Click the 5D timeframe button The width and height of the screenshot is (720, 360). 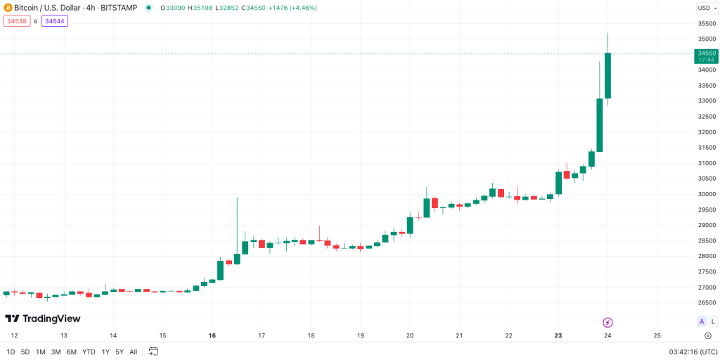[25, 352]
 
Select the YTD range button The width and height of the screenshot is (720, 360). [89, 352]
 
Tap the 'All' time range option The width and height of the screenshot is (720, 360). [133, 352]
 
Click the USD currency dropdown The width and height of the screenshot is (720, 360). [705, 8]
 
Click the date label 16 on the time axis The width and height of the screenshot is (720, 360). [212, 335]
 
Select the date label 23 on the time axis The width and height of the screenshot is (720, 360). [558, 335]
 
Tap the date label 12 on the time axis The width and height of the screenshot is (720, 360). [14, 335]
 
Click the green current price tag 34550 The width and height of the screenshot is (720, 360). [706, 56]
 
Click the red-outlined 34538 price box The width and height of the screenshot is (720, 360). [15, 21]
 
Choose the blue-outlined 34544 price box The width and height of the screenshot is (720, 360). [55, 21]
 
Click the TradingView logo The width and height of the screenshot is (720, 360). [43, 319]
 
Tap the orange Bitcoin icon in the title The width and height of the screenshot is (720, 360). [8, 8]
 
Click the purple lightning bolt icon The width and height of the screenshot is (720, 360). [607, 322]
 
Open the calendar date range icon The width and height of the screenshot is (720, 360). [153, 351]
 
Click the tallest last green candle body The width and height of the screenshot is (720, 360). [607, 75]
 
